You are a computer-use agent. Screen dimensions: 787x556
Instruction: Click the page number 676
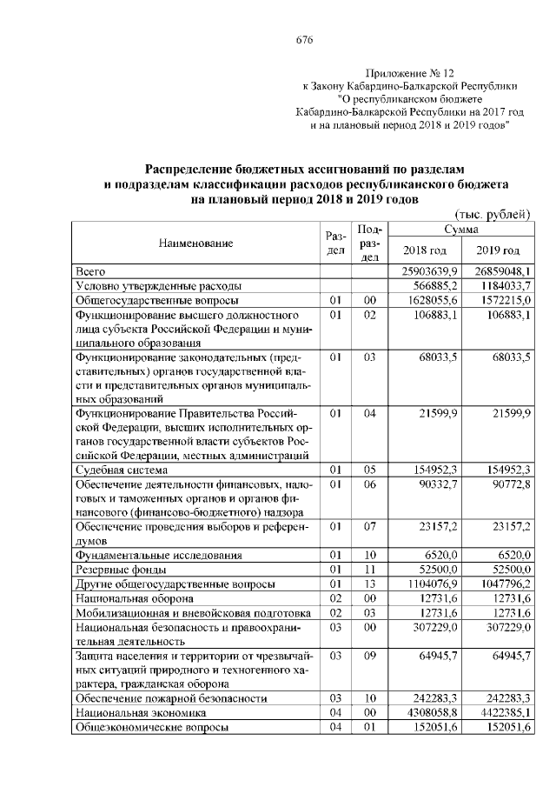coord(304,40)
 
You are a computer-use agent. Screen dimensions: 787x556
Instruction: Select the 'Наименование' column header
coord(196,243)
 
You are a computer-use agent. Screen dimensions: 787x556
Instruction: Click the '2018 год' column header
coord(426,251)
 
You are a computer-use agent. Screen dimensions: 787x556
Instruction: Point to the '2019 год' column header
coord(498,251)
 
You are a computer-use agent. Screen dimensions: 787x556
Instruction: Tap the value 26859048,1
coord(497,272)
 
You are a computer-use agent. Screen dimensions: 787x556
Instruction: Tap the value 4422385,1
coord(500,712)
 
